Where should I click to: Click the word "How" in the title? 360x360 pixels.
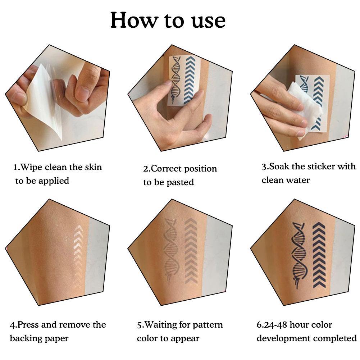tap(134, 20)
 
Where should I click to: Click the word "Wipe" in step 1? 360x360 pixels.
tap(31, 167)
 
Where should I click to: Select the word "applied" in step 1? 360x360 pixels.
tap(54, 181)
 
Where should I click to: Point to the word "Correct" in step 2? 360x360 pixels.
tap(166, 169)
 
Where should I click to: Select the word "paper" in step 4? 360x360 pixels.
tap(56, 339)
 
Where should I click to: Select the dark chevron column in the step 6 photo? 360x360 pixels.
tap(319, 255)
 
